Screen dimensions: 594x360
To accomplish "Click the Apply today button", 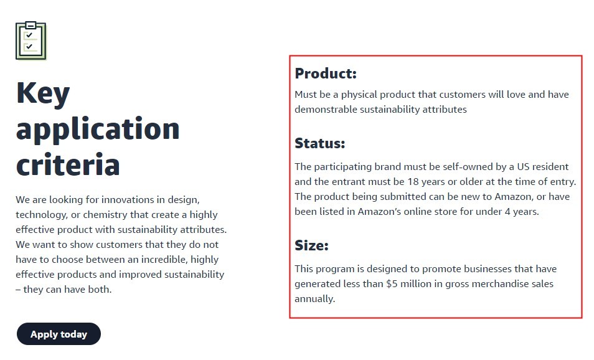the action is [x=59, y=334].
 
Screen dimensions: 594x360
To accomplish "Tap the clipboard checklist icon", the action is [x=31, y=40].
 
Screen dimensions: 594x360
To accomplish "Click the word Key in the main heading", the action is [x=43, y=93].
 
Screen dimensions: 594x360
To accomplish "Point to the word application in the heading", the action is [x=98, y=130].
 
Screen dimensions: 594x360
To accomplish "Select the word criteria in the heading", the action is [x=68, y=164].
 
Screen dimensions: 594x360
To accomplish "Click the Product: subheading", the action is [x=326, y=73].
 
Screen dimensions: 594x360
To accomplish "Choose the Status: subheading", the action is [x=320, y=143].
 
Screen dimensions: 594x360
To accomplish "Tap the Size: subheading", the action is [x=311, y=245].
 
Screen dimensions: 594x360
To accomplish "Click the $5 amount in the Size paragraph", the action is [x=392, y=284].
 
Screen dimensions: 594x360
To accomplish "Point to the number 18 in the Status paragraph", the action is [x=413, y=182].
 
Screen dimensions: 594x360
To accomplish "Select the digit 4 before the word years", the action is [x=507, y=211].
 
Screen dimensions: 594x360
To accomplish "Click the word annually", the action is [x=315, y=299].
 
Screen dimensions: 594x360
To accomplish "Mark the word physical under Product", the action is [x=359, y=95].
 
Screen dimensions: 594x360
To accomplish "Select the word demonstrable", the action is [x=326, y=110].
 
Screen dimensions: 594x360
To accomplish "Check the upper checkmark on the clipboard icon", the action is [x=29, y=35].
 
